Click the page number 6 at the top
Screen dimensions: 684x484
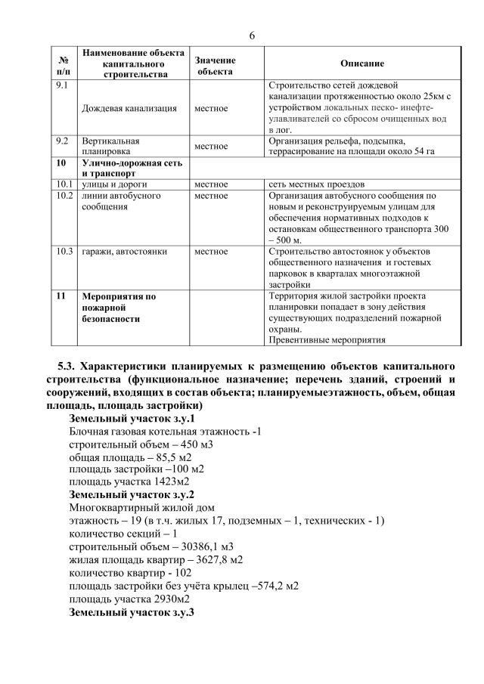click(252, 36)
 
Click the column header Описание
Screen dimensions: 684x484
click(362, 64)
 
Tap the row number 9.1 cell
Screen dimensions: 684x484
click(64, 85)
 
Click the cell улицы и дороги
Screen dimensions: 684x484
click(114, 184)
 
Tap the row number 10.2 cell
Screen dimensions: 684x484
click(64, 196)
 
